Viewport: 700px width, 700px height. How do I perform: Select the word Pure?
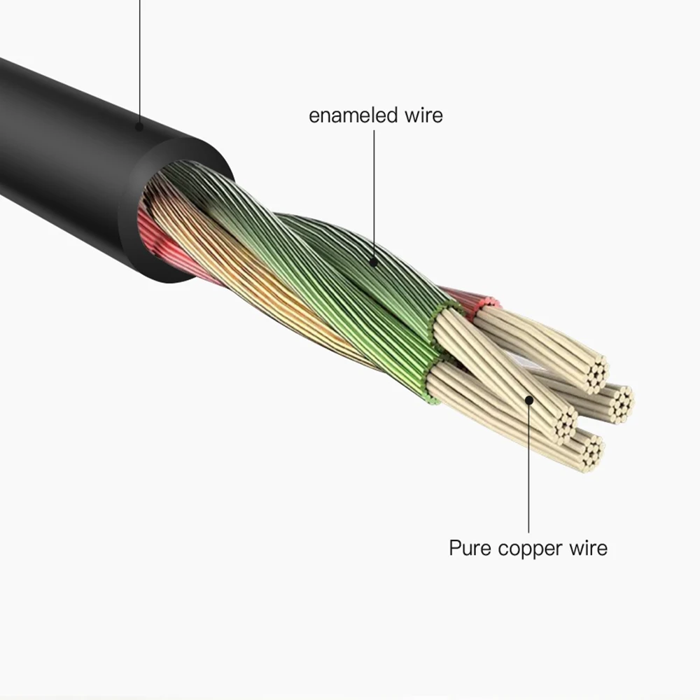click(x=470, y=547)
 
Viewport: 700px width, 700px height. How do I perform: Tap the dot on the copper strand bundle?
click(x=529, y=400)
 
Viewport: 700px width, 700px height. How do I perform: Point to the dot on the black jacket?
click(x=139, y=127)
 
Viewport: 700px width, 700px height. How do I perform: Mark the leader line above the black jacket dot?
click(x=139, y=56)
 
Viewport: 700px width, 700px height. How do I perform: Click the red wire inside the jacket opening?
click(x=150, y=224)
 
